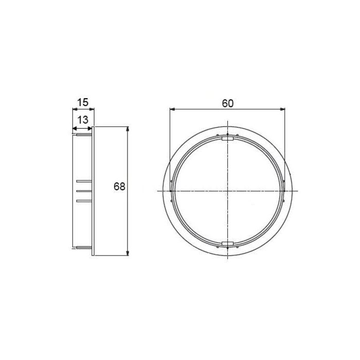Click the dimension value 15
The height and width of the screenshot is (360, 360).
[82, 102]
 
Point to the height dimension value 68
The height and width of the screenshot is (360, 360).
[119, 187]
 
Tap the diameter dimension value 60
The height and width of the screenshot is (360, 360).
[228, 102]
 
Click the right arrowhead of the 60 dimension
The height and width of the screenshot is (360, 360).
[283, 109]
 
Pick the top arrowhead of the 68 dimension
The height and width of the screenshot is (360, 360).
[128, 129]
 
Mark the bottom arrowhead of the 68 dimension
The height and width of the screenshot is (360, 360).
[128, 253]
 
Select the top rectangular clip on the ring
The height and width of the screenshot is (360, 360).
[227, 137]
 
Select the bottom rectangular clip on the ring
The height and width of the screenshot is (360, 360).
[227, 242]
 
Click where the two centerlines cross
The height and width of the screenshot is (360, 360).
[227, 191]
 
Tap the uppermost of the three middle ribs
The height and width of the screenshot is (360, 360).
[83, 182]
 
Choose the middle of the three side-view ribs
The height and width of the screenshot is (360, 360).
[83, 191]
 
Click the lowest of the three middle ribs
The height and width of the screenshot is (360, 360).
[83, 201]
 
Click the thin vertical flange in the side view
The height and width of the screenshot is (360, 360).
[94, 191]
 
